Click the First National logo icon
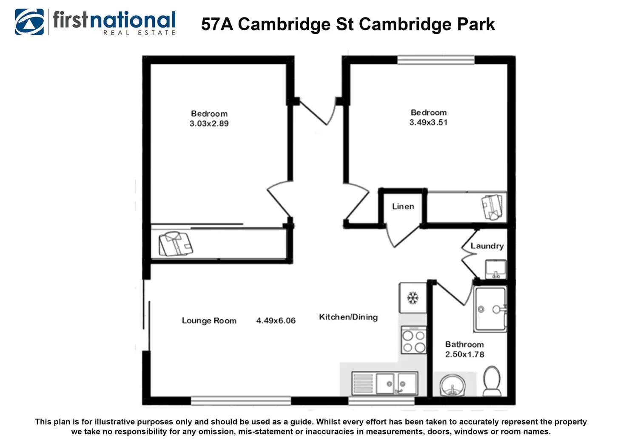point(29,22)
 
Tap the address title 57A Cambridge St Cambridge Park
point(348,24)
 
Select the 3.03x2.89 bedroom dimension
point(209,124)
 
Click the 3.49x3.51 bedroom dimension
point(428,123)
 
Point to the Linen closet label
point(403,206)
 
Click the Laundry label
point(487,246)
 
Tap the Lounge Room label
point(209,321)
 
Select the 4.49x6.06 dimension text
point(276,321)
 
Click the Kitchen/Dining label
point(348,317)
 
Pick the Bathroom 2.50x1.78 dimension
point(464,354)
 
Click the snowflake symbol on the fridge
point(413,298)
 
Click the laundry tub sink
point(496,269)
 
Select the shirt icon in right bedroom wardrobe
point(492,206)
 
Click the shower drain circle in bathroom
point(481,309)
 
